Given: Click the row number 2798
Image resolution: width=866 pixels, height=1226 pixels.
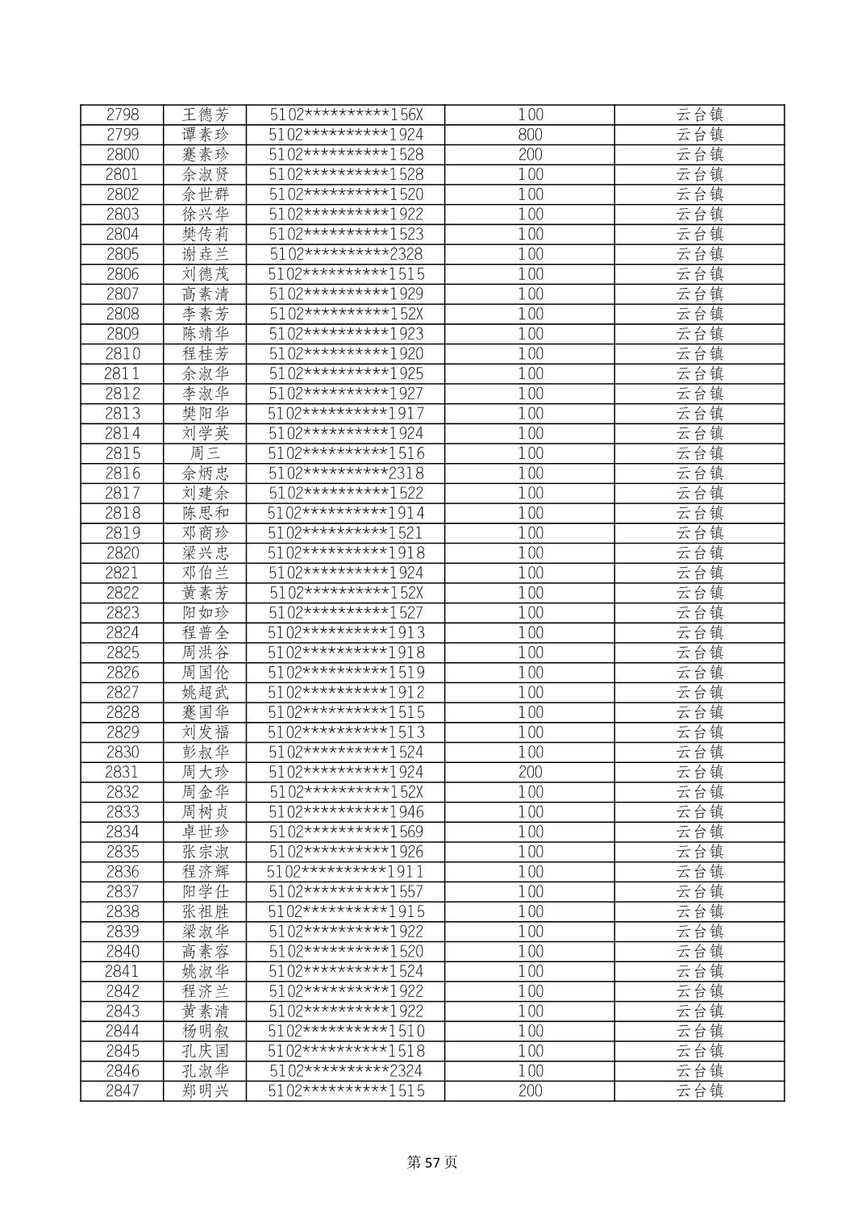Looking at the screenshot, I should pyautogui.click(x=123, y=115).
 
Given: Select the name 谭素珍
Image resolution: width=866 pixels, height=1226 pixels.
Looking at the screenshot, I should pyautogui.click(x=205, y=135).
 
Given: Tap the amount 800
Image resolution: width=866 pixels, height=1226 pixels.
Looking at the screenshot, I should pyautogui.click(x=530, y=135).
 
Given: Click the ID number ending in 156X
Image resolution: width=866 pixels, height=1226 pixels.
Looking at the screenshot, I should pyautogui.click(x=346, y=115).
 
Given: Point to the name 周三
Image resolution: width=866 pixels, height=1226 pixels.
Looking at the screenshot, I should pyautogui.click(x=205, y=453).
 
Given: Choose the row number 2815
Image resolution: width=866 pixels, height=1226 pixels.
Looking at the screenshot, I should pyautogui.click(x=123, y=453).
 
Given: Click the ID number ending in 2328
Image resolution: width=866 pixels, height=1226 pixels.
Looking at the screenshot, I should pyautogui.click(x=346, y=254).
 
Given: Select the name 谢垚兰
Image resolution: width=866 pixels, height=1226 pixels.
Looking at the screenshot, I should pyautogui.click(x=205, y=254).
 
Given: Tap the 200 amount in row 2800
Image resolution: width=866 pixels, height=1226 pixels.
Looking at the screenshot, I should pyautogui.click(x=530, y=155).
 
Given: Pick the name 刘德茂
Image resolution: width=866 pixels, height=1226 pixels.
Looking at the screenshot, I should pyautogui.click(x=205, y=274).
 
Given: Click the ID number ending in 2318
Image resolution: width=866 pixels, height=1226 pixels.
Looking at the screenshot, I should pyautogui.click(x=346, y=473).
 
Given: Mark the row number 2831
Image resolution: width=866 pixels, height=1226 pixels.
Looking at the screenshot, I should pyautogui.click(x=123, y=772).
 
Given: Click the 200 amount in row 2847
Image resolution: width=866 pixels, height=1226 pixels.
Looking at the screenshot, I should pyautogui.click(x=530, y=1090).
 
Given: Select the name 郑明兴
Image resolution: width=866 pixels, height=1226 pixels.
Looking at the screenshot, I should pyautogui.click(x=205, y=1090).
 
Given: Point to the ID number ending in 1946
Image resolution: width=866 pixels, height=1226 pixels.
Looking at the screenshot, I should pyautogui.click(x=346, y=811).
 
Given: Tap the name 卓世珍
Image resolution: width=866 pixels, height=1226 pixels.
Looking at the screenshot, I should pyautogui.click(x=205, y=832).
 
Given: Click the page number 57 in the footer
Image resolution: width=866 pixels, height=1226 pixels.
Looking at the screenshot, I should pyautogui.click(x=433, y=1162).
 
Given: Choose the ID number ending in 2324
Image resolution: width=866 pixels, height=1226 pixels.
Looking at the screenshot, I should pyautogui.click(x=346, y=1071).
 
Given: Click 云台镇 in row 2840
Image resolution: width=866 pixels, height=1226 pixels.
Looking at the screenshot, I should pyautogui.click(x=699, y=951).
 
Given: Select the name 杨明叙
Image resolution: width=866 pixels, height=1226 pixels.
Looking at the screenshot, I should pyautogui.click(x=205, y=1031).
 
